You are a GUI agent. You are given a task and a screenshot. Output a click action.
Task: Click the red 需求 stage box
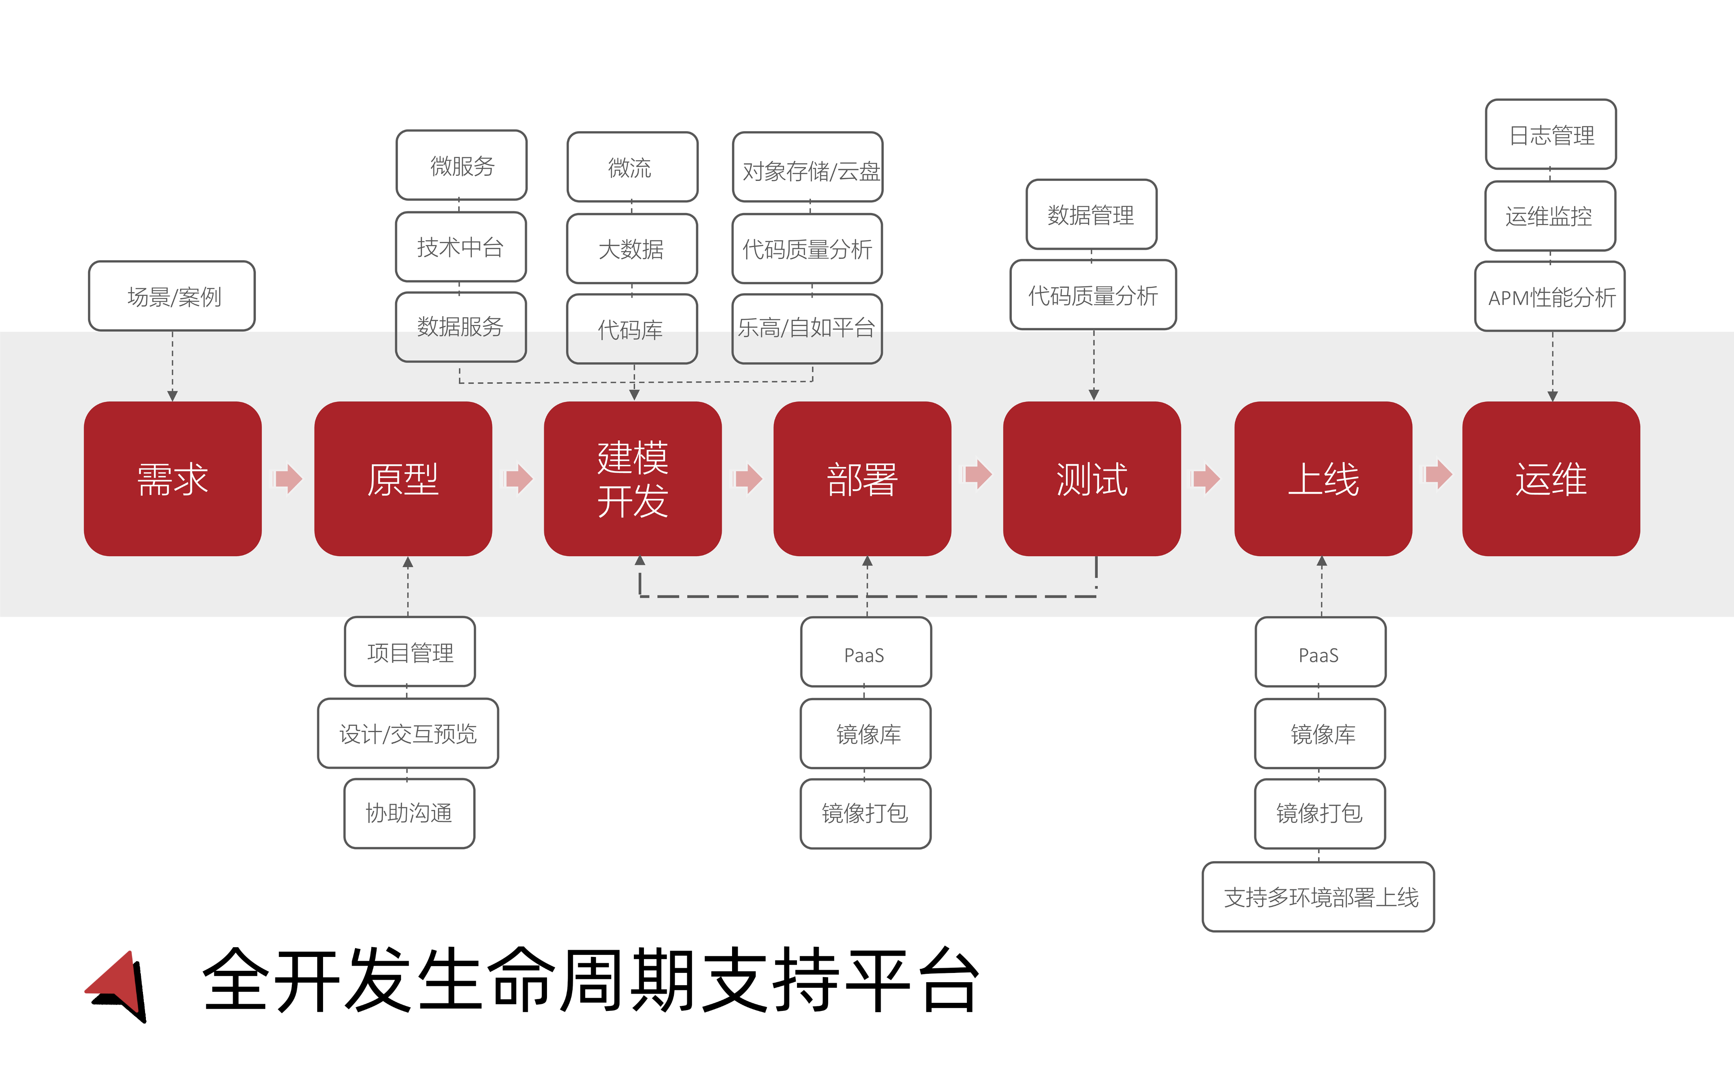(x=173, y=479)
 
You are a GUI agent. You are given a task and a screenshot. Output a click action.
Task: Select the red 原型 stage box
(x=403, y=479)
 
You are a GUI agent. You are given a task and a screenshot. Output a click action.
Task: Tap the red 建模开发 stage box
(x=633, y=479)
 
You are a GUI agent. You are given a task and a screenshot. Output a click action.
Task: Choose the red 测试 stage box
(x=1092, y=479)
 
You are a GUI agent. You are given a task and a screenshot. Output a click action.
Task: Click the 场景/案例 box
(x=172, y=296)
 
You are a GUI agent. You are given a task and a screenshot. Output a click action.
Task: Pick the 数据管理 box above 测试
(x=1091, y=214)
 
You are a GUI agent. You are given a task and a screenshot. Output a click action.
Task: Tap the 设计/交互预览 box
(x=408, y=733)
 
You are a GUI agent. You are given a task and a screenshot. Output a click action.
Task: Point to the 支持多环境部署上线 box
(x=1318, y=897)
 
